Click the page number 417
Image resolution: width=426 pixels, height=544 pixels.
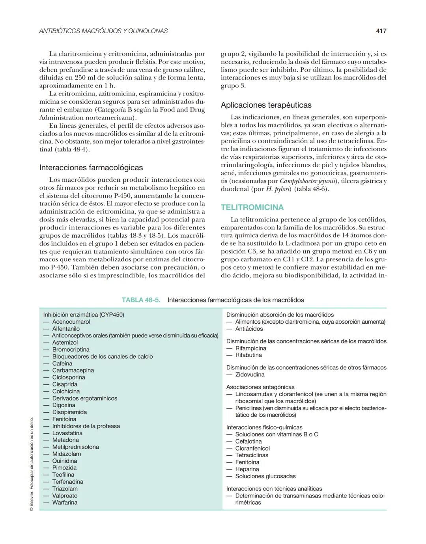(x=381, y=31)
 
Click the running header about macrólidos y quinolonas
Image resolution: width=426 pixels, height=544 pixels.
(x=103, y=31)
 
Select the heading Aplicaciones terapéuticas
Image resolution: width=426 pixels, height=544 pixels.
(x=266, y=105)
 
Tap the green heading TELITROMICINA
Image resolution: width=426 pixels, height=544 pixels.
(x=252, y=207)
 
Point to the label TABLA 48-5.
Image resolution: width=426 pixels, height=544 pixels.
(x=141, y=300)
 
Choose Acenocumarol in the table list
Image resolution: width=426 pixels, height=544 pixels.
(x=71, y=322)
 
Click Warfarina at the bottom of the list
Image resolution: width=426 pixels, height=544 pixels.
(x=65, y=503)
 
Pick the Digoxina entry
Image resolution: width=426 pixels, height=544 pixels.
(x=64, y=405)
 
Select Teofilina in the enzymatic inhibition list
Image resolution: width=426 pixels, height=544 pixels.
(x=63, y=475)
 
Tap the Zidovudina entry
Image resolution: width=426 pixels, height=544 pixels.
(x=250, y=374)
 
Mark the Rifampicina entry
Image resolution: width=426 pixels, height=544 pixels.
(x=250, y=348)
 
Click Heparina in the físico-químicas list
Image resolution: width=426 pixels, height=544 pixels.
(x=247, y=469)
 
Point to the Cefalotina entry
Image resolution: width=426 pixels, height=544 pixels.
(x=248, y=442)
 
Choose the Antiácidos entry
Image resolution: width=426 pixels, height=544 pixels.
(x=249, y=329)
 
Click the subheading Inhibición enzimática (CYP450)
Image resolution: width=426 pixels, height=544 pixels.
(x=84, y=315)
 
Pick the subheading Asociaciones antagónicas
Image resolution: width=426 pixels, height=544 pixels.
(x=260, y=387)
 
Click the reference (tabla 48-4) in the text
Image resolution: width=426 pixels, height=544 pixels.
(x=72, y=149)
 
